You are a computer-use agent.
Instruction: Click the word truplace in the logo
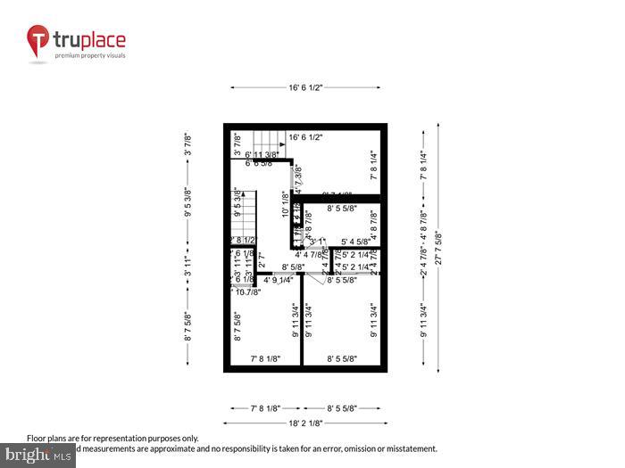coord(89,40)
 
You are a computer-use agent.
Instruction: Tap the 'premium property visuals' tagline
coord(90,55)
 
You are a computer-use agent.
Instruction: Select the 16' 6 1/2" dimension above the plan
coord(304,87)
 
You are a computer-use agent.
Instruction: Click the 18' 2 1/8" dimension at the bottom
coord(304,423)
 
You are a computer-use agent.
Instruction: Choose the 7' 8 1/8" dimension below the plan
coord(265,407)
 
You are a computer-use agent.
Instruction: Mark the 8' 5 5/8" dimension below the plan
coord(342,407)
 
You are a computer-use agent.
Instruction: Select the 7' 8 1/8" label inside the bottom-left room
coord(265,358)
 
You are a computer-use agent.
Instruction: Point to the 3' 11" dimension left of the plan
coord(188,267)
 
